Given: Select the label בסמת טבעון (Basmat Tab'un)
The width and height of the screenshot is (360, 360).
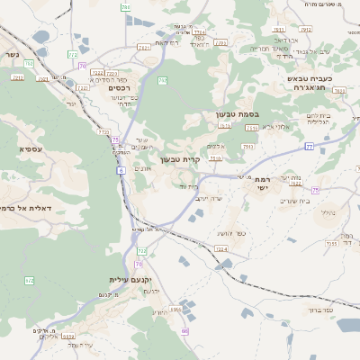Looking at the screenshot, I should [x=237, y=114].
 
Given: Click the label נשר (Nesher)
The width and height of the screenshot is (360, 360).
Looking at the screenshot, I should [x=11, y=54].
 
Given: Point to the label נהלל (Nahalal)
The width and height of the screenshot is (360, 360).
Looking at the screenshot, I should [x=328, y=212].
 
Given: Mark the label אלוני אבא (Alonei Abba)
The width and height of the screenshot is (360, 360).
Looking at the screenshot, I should [x=269, y=127].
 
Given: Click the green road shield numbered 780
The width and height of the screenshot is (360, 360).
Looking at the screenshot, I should [x=126, y=7].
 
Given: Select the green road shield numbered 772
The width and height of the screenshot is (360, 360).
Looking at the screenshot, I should [x=73, y=55].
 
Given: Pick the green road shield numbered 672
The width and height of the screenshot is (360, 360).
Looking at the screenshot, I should [x=29, y=281].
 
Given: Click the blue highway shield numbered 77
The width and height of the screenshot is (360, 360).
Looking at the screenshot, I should [x=309, y=145].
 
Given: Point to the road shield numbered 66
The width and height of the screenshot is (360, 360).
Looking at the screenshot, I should [x=185, y=331].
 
